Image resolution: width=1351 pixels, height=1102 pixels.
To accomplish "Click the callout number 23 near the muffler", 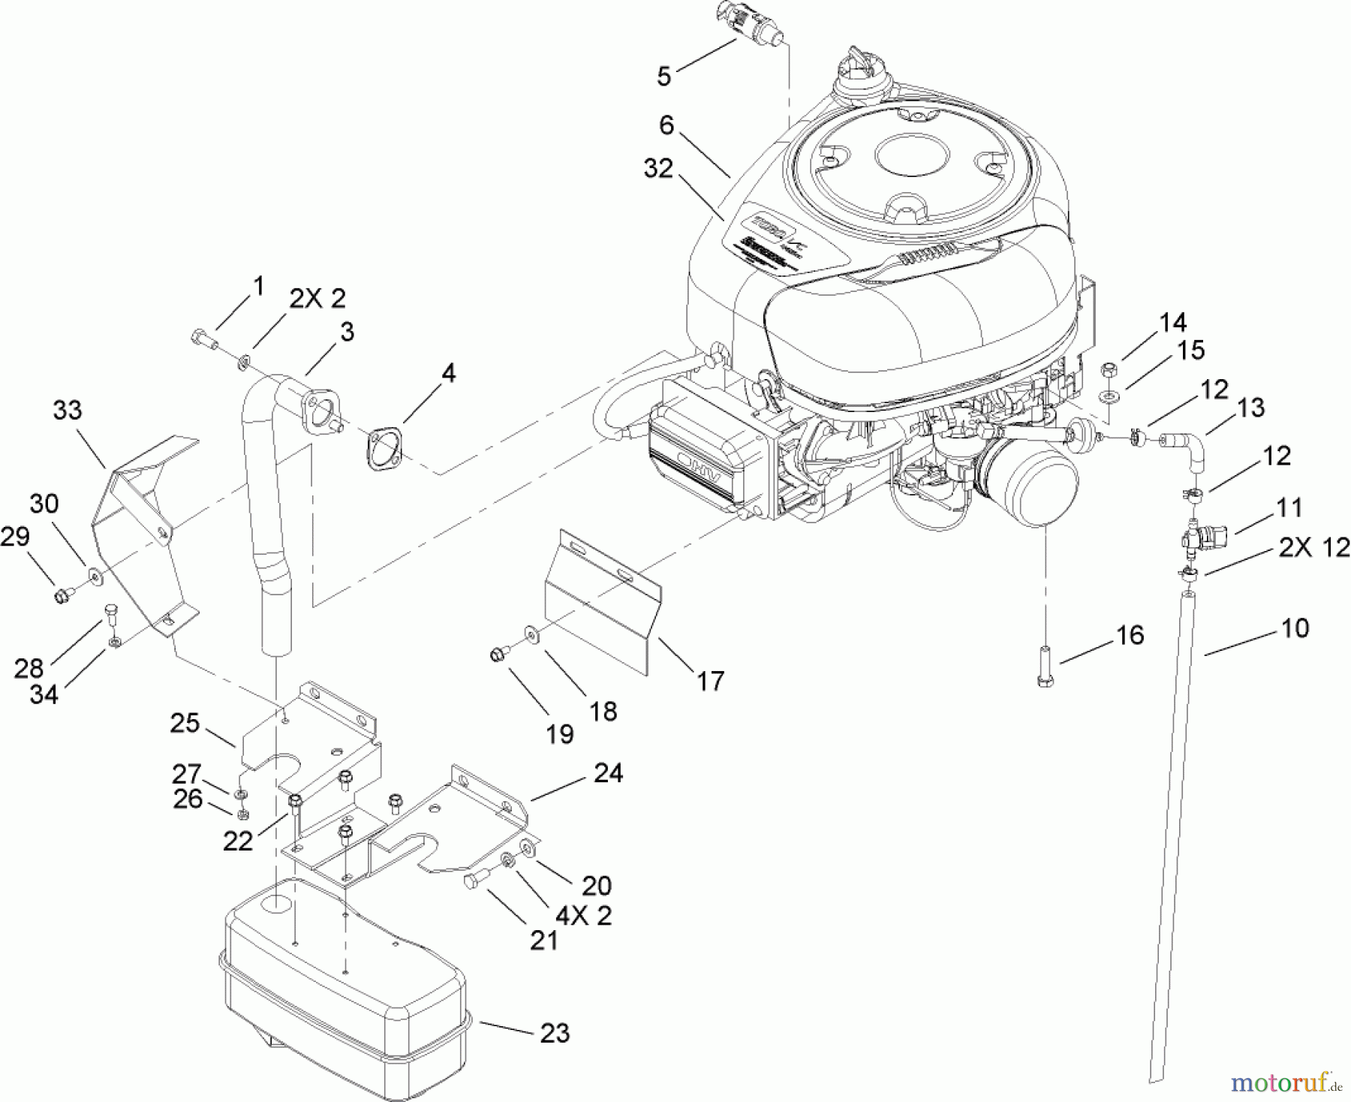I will pyautogui.click(x=555, y=1033).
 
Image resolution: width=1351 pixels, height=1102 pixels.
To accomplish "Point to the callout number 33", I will pyautogui.click(x=68, y=411).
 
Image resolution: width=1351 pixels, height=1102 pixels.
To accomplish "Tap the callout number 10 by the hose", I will pyautogui.click(x=1293, y=628).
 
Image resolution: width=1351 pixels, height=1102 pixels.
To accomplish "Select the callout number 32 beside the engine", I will pyautogui.click(x=658, y=169).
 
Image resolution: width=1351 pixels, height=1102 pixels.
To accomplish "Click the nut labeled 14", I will pyautogui.click(x=1110, y=369).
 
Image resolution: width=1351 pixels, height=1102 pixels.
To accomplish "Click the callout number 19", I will pyautogui.click(x=560, y=733).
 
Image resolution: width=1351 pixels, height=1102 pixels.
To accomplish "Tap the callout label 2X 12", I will pyautogui.click(x=1313, y=547).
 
